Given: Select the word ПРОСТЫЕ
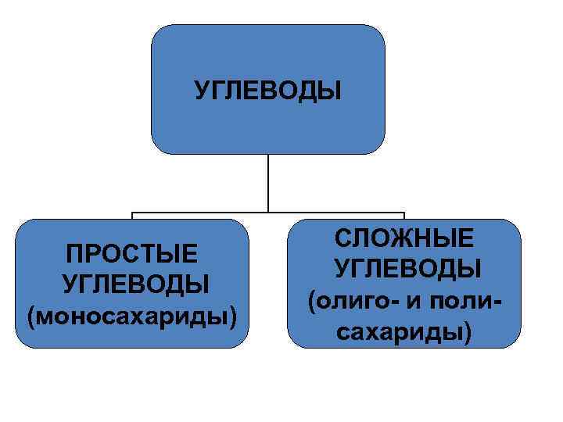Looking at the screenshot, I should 132,255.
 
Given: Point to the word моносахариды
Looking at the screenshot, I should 132,316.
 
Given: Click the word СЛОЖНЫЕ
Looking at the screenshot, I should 403,238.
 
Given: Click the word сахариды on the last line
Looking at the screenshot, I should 400,332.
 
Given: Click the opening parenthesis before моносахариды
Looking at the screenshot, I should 30,317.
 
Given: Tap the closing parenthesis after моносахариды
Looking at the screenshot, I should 234,317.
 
